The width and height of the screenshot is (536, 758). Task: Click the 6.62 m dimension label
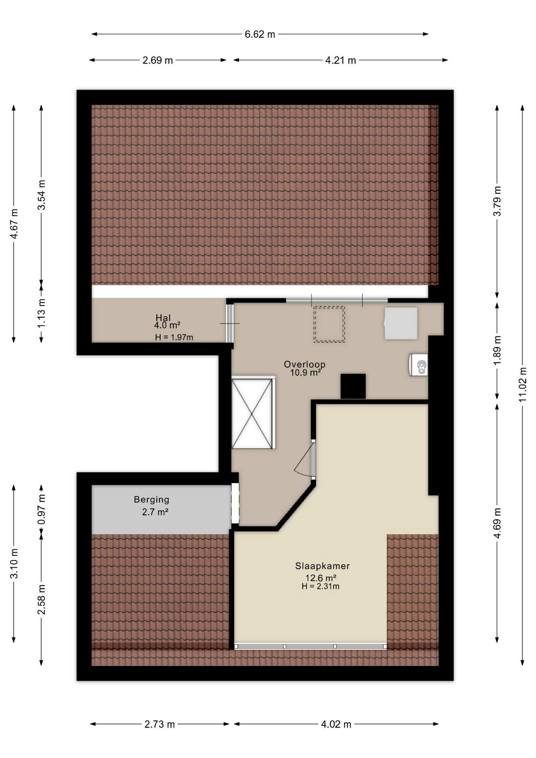260,34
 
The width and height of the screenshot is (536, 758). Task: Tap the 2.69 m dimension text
157,60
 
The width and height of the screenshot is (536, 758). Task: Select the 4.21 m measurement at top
341,60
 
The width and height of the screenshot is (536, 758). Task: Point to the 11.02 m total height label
523,385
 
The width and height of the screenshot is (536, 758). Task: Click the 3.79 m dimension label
497,201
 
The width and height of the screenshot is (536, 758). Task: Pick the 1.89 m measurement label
497,351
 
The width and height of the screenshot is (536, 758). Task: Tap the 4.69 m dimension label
497,523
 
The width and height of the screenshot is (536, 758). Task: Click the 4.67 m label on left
14,223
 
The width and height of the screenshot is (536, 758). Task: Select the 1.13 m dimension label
41,313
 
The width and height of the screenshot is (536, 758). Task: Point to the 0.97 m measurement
41,509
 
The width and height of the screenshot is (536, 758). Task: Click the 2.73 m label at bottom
159,724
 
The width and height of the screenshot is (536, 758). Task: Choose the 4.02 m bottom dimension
336,724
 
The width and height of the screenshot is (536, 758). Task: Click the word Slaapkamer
322,566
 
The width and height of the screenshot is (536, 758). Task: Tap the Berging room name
152,500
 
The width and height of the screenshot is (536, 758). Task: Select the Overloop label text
305,364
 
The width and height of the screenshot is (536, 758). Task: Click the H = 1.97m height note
174,337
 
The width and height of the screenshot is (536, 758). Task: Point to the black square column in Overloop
353,386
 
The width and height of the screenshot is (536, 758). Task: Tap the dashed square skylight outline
329,324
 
